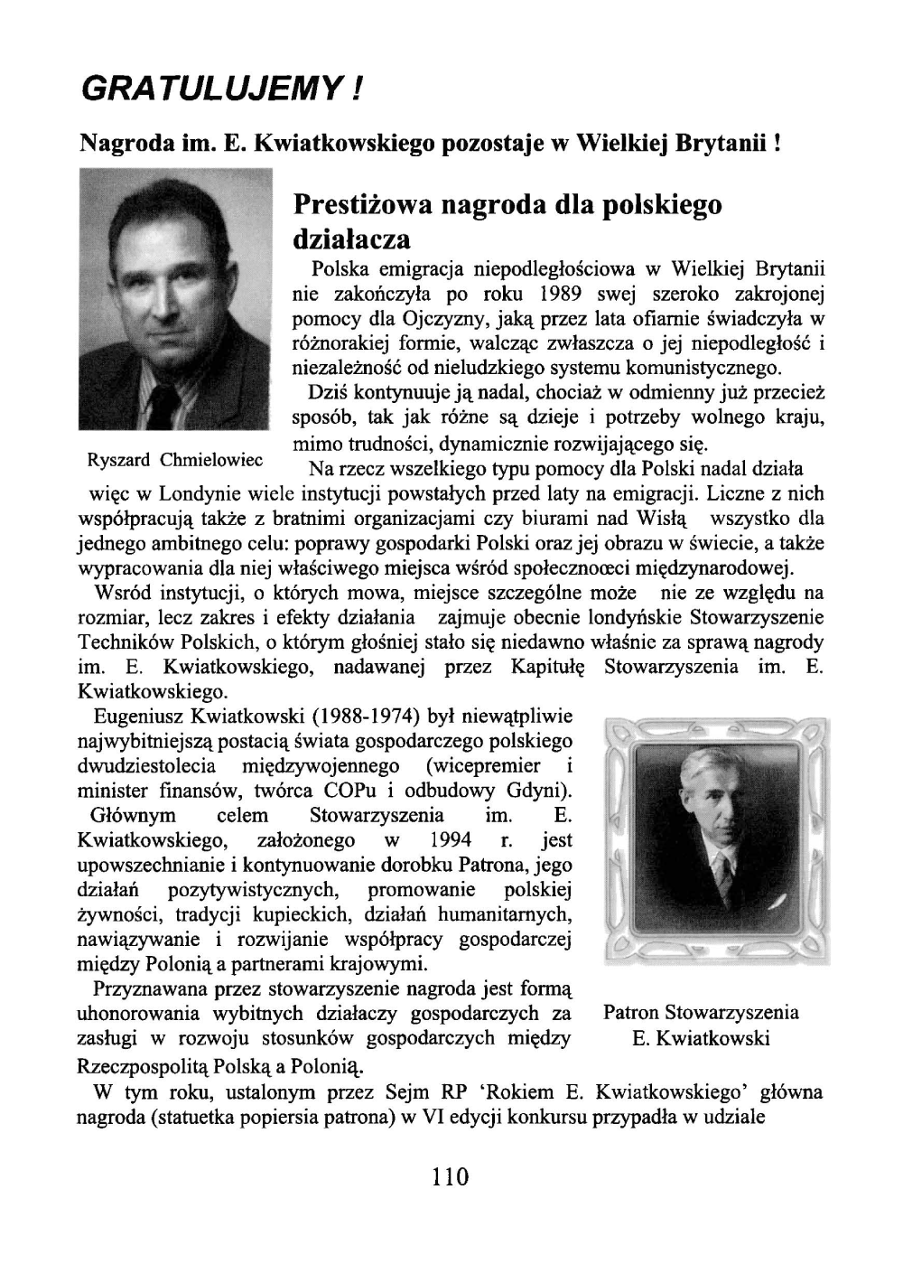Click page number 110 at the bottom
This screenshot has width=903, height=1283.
(x=451, y=1177)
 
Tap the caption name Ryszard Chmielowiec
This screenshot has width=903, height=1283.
(x=174, y=459)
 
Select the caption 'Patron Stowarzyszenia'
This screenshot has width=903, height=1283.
(x=701, y=1012)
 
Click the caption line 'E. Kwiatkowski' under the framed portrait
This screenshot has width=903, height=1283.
(x=701, y=1038)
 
